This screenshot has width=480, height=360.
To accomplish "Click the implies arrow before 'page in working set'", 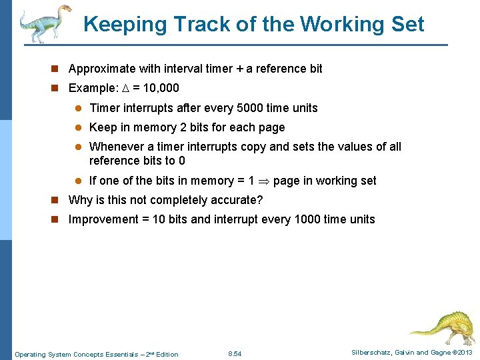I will (x=264, y=181).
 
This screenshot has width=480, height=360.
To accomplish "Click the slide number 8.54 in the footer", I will (x=235, y=354).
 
